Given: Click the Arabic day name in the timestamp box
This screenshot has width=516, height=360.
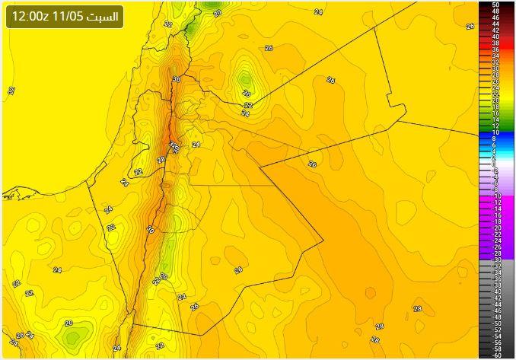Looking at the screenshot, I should pos(103,16).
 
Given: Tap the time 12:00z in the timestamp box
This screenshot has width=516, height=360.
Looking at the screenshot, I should pos(30,16).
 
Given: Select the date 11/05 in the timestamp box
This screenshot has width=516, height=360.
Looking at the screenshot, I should pos(66,16).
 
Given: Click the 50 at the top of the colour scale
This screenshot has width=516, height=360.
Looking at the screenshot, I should pos(495,5).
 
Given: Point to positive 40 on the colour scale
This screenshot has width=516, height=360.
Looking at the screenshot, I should pos(495,37).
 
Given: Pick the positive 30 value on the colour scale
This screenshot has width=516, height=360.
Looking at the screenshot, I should pos(495,68).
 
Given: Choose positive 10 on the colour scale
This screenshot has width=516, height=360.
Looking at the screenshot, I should pos(495,132).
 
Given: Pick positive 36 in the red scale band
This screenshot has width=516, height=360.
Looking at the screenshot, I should pos(495,49).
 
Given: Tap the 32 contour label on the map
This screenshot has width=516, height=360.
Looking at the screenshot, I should pos(173,145).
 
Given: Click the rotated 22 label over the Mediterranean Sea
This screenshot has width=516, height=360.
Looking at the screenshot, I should pos(11,91).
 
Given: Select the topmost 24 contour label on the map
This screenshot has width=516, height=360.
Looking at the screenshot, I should pos(318,12).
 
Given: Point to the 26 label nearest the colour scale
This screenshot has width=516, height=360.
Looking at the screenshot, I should pos(470,26).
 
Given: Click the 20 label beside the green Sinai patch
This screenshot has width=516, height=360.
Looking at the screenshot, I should pos(68,323).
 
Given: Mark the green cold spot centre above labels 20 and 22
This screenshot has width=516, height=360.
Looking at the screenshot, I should pos(245,78).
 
